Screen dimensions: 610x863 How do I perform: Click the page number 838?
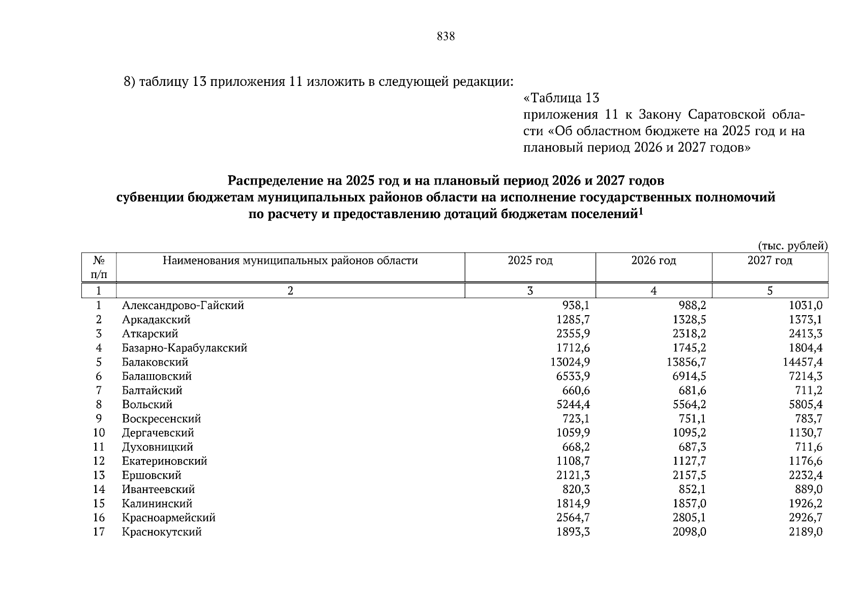click(x=445, y=37)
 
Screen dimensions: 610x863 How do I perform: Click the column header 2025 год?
click(x=530, y=261)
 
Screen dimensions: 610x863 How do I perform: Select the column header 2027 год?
click(x=769, y=261)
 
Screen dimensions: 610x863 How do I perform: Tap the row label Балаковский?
click(x=155, y=362)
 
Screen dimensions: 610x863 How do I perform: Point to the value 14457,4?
click(x=802, y=362)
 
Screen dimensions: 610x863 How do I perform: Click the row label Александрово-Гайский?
click(x=183, y=306)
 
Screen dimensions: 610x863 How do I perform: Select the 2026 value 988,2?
click(x=691, y=306)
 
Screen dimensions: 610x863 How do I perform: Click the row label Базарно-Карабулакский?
click(x=185, y=348)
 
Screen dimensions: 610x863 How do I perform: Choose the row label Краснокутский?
click(x=162, y=532)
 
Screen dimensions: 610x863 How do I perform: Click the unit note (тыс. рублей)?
click(x=793, y=246)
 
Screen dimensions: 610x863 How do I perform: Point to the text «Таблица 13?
click(x=561, y=98)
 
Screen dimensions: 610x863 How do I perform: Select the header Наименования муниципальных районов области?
click(x=290, y=261)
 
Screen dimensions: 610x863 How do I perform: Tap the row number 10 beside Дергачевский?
click(x=99, y=433)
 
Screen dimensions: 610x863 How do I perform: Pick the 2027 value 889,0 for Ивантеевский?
click(x=809, y=490)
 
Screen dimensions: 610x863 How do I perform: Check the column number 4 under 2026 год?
click(x=653, y=291)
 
